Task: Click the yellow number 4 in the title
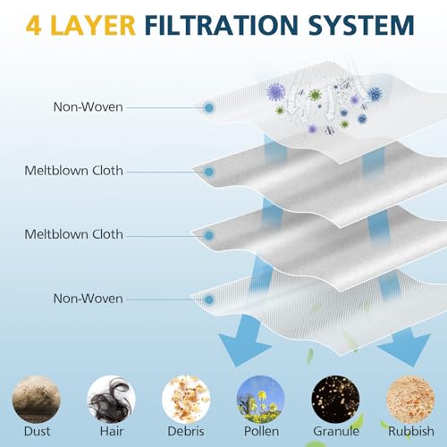click(x=33, y=25)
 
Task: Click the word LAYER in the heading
click(x=93, y=25)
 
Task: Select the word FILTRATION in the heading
click(x=222, y=25)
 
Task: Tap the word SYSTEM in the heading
click(x=361, y=25)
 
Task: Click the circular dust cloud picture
click(x=37, y=399)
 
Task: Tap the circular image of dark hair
click(x=111, y=399)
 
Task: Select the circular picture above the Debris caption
click(x=186, y=399)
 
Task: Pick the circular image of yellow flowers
click(x=261, y=399)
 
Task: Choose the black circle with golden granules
click(x=335, y=399)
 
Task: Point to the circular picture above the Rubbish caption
click(x=410, y=399)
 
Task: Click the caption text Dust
click(x=37, y=431)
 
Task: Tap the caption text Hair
click(x=112, y=431)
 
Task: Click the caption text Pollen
click(x=261, y=431)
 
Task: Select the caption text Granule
click(x=336, y=431)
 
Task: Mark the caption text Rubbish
click(x=411, y=431)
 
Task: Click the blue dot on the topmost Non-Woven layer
click(x=209, y=107)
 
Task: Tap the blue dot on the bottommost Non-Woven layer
click(x=209, y=299)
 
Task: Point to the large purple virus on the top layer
click(x=276, y=92)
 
